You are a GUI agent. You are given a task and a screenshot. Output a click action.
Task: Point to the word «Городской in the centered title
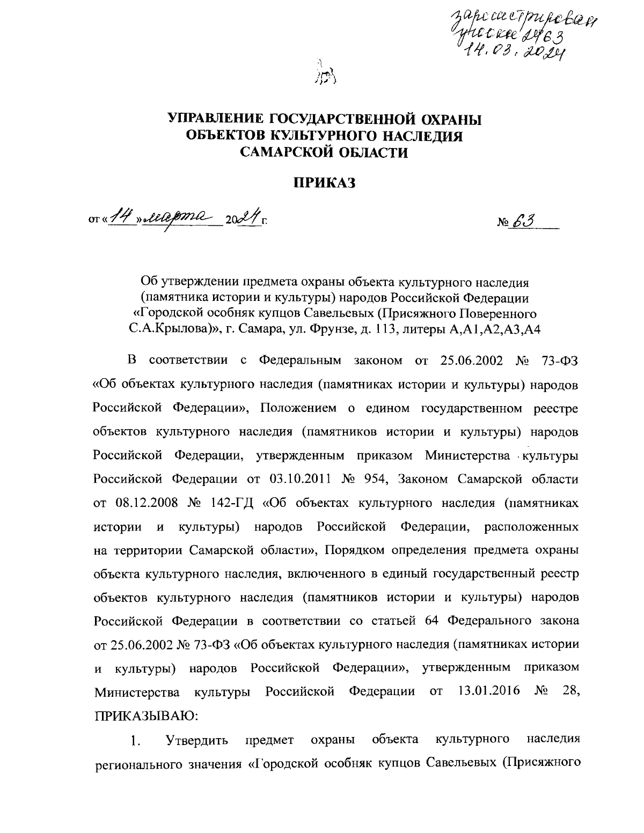[166, 313]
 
